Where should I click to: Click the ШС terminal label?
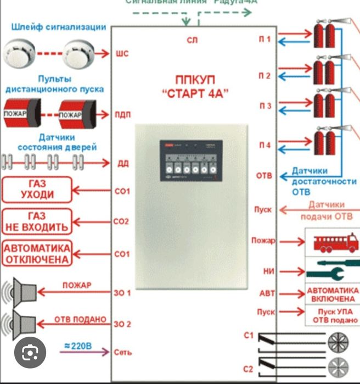[x=122, y=54]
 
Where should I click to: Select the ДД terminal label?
[x=122, y=163]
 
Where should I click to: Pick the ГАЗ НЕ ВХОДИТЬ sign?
[x=36, y=221]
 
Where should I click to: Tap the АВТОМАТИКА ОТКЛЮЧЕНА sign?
[x=36, y=253]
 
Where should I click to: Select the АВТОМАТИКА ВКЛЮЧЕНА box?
[x=331, y=293]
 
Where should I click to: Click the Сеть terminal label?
[x=122, y=352]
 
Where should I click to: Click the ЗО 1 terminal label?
[x=122, y=293]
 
